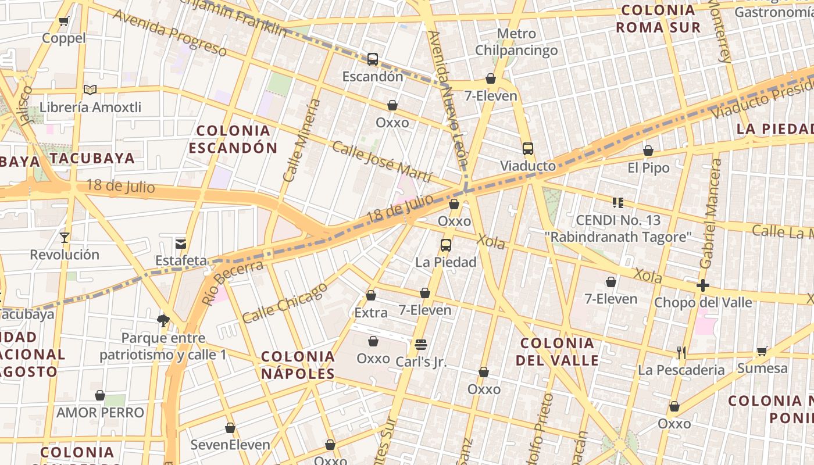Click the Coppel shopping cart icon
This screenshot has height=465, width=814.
(x=63, y=22)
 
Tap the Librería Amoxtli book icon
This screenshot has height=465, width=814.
(x=90, y=90)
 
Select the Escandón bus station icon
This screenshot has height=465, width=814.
(x=373, y=59)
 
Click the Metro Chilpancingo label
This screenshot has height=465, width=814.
(x=516, y=42)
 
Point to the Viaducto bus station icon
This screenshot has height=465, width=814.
(x=528, y=149)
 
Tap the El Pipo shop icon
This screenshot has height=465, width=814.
(x=648, y=151)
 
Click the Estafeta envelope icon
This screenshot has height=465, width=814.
(x=181, y=244)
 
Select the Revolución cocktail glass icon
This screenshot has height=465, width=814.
(x=65, y=237)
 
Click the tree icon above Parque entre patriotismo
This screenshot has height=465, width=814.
(x=163, y=320)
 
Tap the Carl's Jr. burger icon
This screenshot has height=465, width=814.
(x=421, y=345)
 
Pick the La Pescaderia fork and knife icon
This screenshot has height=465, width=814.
(x=681, y=352)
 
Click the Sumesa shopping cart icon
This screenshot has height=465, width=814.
(x=762, y=351)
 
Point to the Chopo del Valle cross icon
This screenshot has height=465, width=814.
(x=703, y=285)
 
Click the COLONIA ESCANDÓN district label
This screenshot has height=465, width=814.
(x=233, y=139)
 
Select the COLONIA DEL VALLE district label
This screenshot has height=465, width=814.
(x=557, y=351)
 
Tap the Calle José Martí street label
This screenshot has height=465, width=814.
(x=382, y=162)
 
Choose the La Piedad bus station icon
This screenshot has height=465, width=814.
(x=446, y=245)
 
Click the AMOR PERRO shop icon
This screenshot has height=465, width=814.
(x=100, y=395)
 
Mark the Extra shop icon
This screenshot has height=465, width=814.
(x=370, y=296)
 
